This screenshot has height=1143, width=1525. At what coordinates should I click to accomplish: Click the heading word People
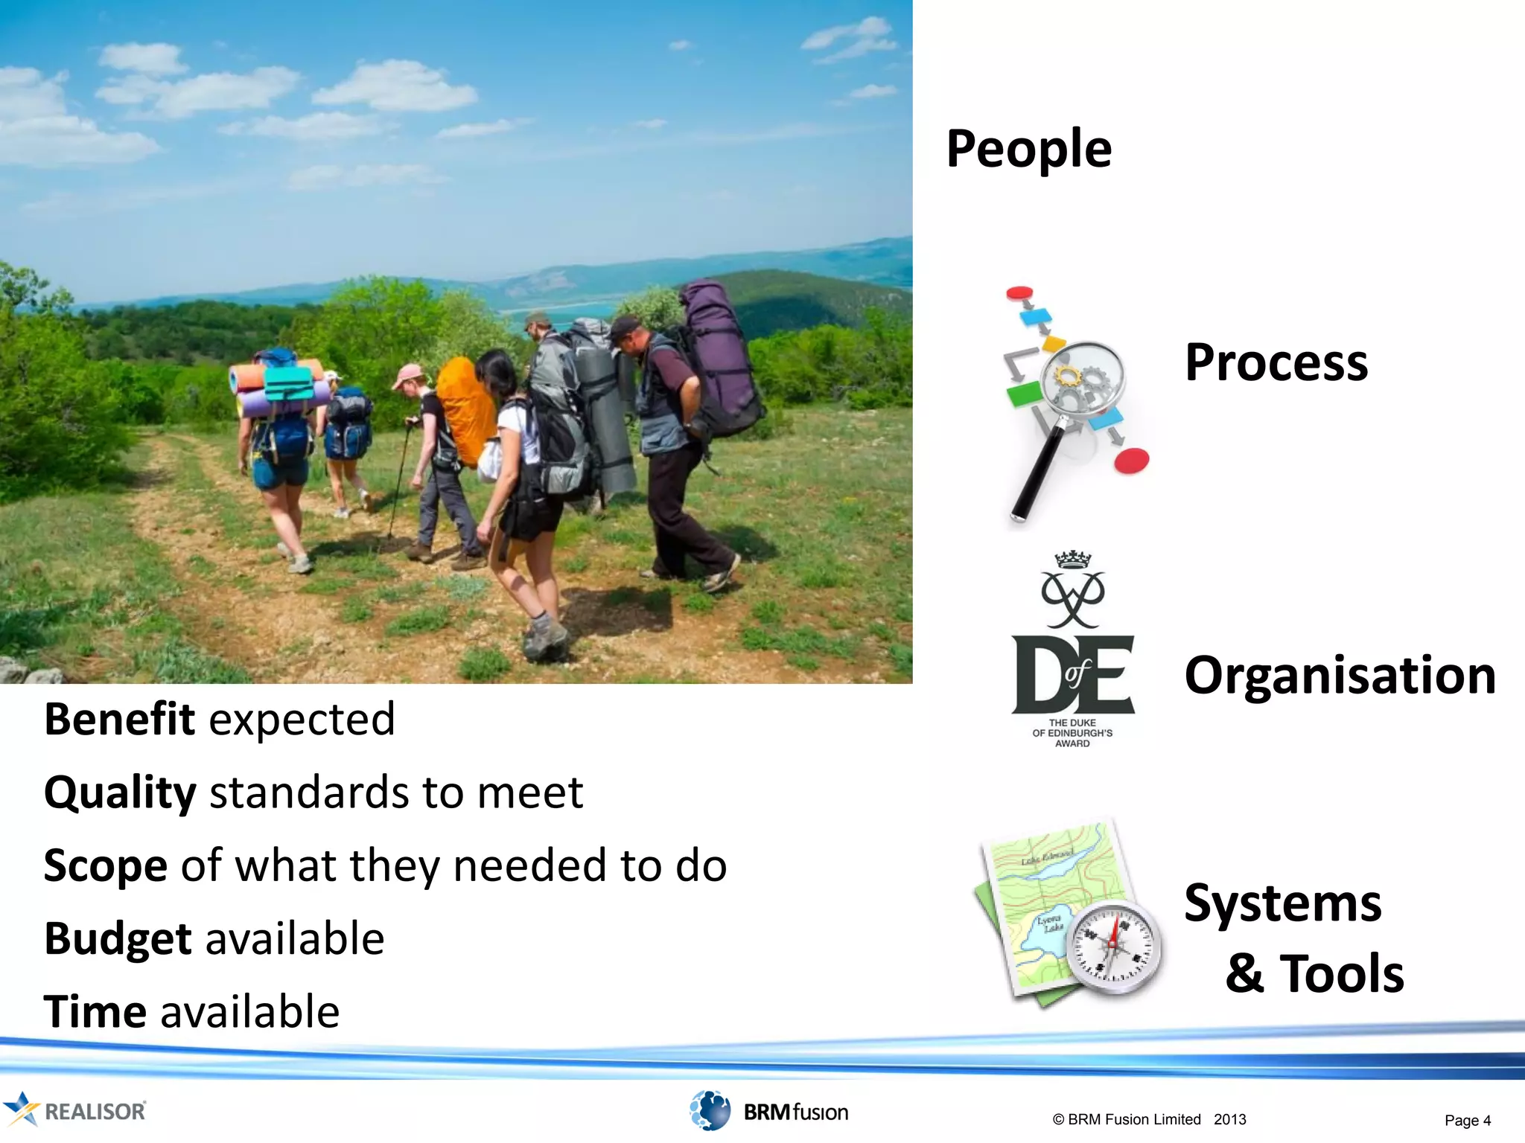(x=1028, y=150)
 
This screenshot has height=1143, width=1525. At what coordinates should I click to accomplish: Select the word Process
(x=1276, y=363)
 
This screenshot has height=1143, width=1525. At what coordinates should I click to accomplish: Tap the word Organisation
(x=1340, y=676)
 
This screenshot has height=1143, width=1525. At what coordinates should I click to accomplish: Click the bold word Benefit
(x=119, y=719)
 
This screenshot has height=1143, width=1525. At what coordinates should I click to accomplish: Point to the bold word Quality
(x=120, y=793)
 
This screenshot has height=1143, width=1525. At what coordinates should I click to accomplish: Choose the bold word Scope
(x=105, y=866)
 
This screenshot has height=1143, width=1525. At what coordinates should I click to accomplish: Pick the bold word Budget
(x=118, y=939)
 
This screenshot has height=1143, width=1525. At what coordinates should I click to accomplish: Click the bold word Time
(x=95, y=1012)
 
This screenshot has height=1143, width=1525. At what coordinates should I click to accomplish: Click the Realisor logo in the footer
(x=74, y=1110)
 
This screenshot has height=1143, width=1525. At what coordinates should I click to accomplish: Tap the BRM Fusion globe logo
(x=710, y=1110)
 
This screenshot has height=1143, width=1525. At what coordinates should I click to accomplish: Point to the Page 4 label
(x=1467, y=1121)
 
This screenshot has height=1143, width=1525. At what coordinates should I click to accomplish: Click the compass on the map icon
(x=1114, y=947)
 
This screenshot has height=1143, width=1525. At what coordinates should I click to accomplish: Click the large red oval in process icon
(x=1131, y=461)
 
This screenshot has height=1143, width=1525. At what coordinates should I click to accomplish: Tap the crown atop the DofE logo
(x=1072, y=560)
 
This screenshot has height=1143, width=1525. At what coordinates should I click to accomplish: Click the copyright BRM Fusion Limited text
(x=1149, y=1119)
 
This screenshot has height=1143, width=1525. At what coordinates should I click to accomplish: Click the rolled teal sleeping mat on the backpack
(x=289, y=382)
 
